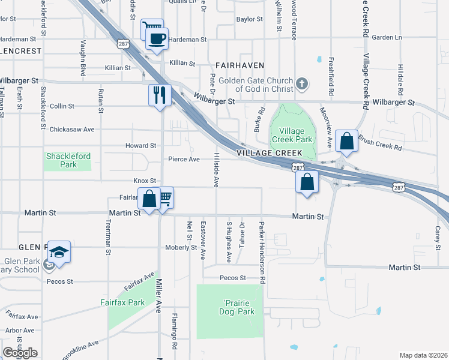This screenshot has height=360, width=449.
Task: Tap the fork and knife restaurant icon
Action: [x=160, y=95]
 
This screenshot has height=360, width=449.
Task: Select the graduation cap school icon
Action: [x=59, y=252]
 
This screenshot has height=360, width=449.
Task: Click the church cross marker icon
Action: [x=302, y=85]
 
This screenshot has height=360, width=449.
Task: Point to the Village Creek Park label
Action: [x=291, y=135]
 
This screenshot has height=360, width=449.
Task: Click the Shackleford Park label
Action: [x=68, y=160]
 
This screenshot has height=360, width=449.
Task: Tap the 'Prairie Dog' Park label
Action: [x=231, y=307]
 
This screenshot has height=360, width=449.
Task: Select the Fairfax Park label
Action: [x=127, y=303]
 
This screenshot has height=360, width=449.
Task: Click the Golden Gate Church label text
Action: [x=255, y=85]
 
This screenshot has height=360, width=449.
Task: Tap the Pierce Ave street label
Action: [x=184, y=159]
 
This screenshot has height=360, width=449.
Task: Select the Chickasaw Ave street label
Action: [x=72, y=129]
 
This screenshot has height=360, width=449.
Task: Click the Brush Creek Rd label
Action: [x=379, y=142]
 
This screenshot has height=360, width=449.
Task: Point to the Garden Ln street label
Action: [x=387, y=37]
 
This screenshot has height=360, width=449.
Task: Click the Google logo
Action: [x=20, y=353]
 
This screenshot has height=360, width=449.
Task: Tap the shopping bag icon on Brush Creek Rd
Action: [x=347, y=142]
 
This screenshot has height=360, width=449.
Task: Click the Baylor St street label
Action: [x=250, y=19]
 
